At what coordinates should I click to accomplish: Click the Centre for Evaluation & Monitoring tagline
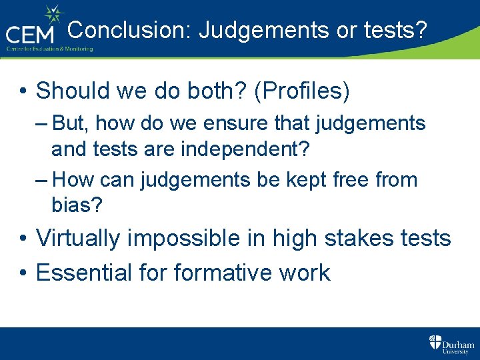(49, 49)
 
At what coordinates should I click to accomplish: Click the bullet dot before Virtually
(23, 239)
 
